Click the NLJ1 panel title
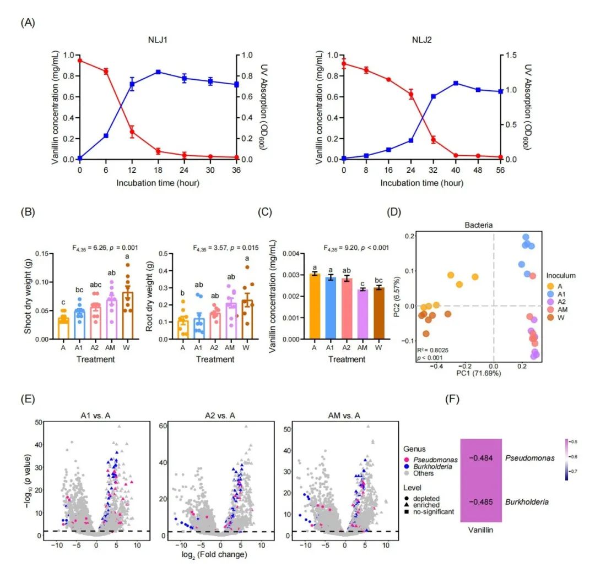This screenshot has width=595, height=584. pos(158,40)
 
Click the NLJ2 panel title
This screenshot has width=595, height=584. pos(422,40)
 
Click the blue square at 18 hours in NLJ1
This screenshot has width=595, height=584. pos(158,72)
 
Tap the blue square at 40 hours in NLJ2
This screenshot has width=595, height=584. pos(456,83)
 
